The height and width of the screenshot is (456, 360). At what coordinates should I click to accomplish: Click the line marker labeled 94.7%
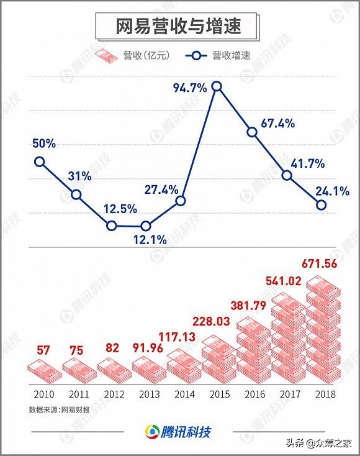[217, 87]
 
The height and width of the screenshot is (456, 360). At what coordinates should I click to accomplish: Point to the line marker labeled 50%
[40, 162]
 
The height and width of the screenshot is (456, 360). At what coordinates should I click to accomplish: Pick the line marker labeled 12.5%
[111, 226]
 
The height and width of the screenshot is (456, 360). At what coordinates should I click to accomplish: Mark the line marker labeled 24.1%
[322, 205]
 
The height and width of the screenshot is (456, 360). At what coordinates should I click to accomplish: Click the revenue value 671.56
[322, 263]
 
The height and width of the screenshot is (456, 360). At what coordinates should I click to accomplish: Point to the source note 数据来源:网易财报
[60, 410]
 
